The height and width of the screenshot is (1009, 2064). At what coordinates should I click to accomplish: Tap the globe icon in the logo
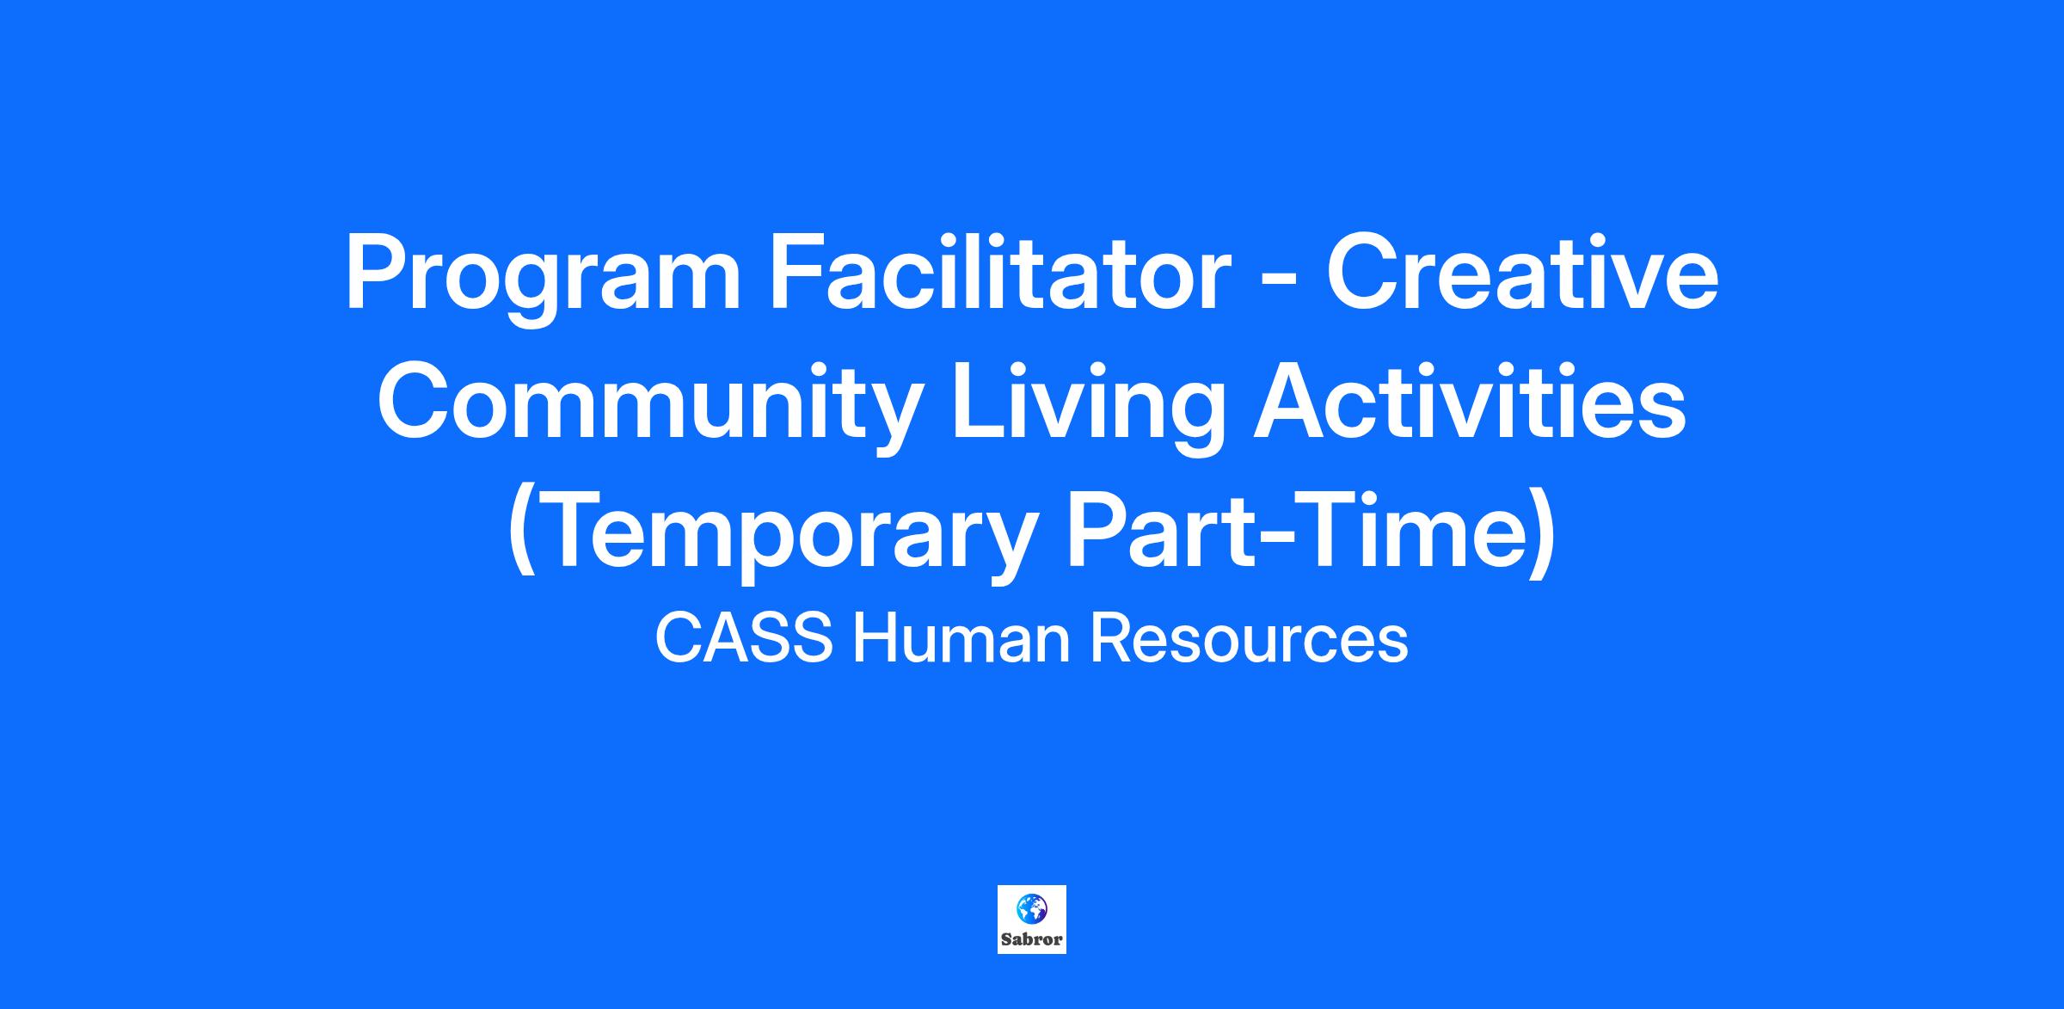point(1031,907)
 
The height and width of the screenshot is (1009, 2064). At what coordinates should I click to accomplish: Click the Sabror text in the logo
point(1032,938)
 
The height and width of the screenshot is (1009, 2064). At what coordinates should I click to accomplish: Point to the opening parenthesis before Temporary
point(521,533)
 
